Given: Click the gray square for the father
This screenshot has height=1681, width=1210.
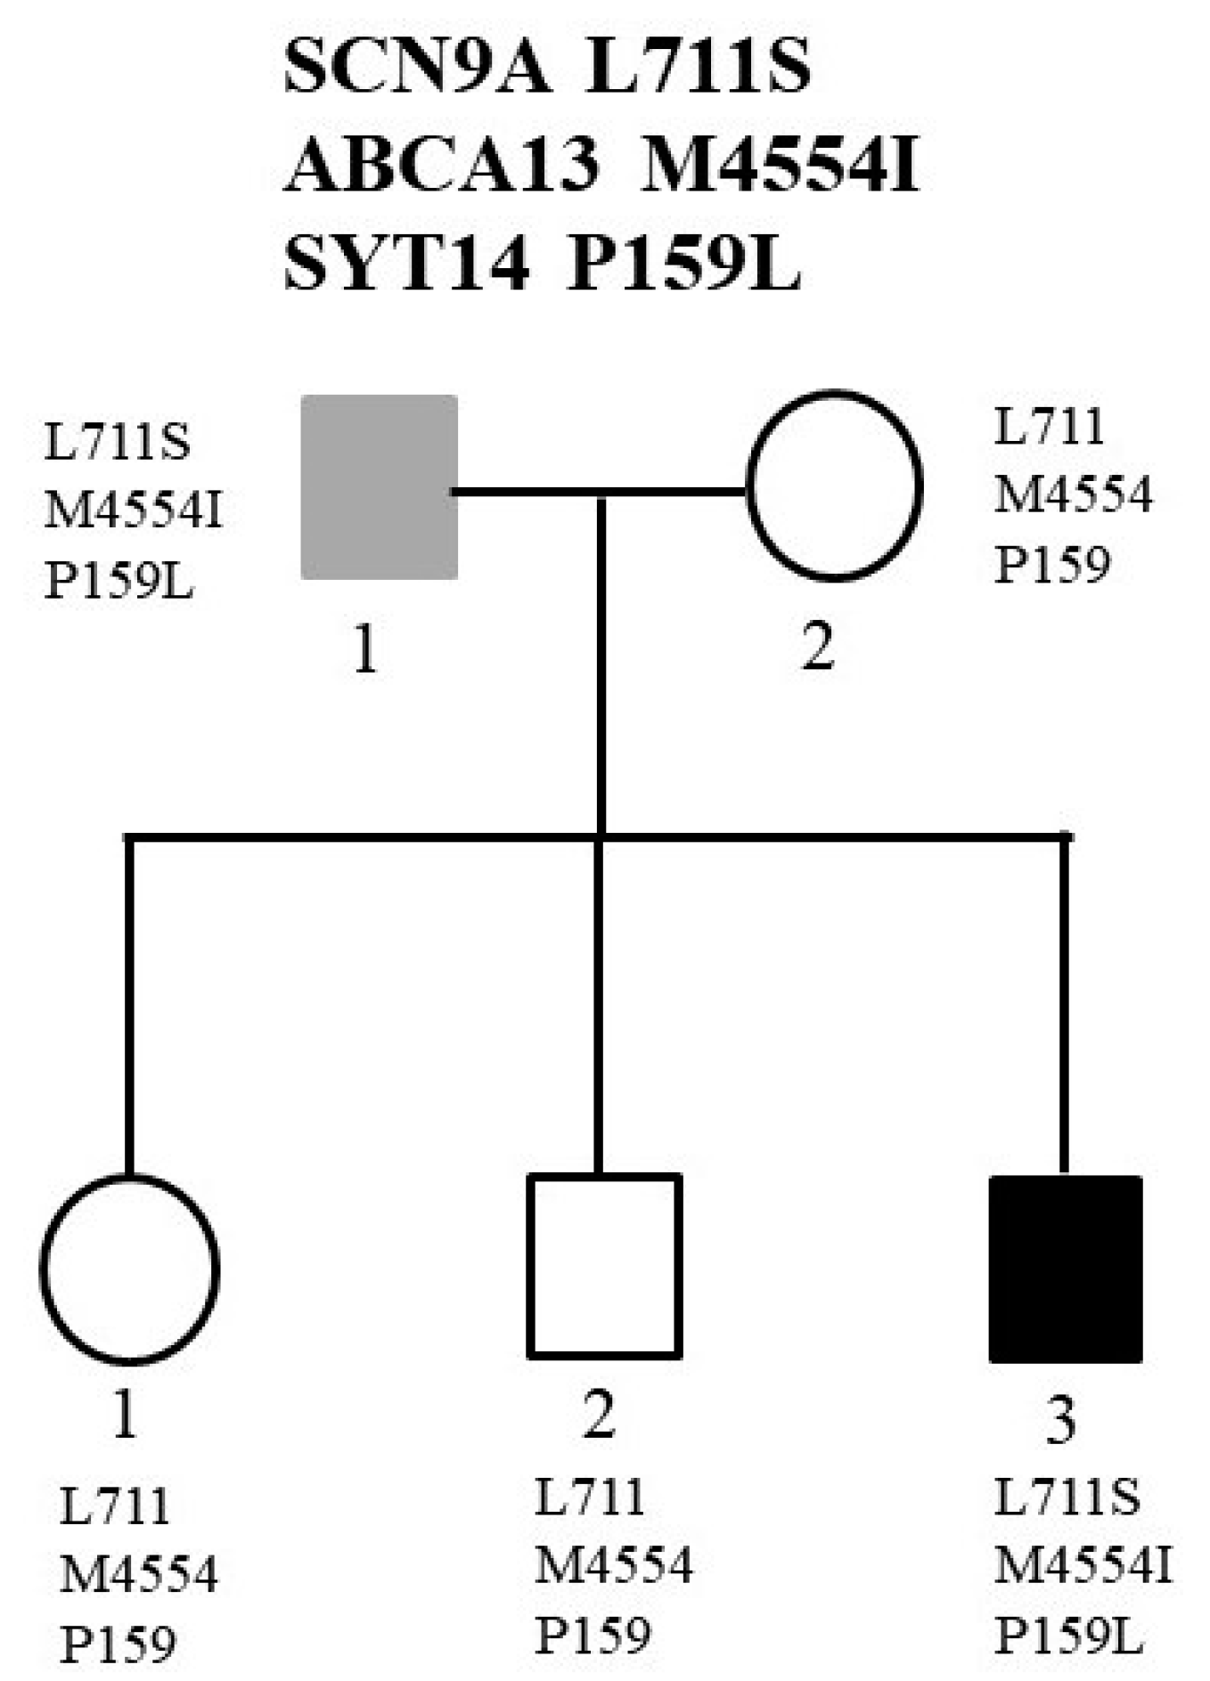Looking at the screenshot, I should click(380, 486).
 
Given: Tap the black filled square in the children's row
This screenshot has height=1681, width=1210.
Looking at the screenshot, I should click(1066, 1269).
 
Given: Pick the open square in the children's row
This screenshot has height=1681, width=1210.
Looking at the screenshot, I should click(605, 1266).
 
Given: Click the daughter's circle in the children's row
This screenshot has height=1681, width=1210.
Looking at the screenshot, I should click(130, 1269).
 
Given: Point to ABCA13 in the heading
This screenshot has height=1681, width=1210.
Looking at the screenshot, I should click(442, 166).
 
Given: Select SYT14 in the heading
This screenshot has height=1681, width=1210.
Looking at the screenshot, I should click(406, 265).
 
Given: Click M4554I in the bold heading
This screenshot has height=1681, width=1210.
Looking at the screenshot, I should click(780, 166).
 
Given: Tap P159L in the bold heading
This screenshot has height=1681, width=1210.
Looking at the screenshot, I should click(684, 265).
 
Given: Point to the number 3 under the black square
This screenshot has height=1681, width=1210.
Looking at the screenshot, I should click(1060, 1418).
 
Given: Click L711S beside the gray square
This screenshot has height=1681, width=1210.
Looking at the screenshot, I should click(117, 442).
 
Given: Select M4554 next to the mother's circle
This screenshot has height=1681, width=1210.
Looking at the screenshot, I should click(1073, 494).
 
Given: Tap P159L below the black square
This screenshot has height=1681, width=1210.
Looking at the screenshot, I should click(1068, 1636).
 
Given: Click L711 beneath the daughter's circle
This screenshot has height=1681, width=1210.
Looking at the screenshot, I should click(114, 1506).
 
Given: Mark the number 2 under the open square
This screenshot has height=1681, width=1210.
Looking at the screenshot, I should click(599, 1415).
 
